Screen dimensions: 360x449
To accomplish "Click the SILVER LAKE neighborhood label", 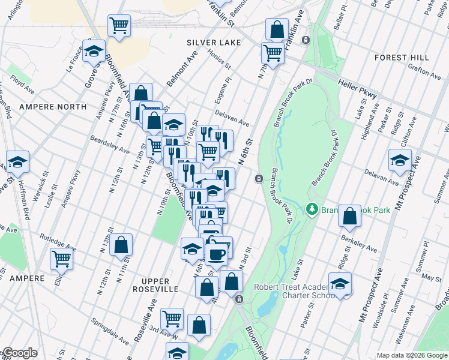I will click(x=213, y=43).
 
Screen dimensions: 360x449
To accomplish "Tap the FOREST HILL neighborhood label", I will click(x=402, y=58).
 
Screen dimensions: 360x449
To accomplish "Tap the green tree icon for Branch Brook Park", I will click(x=312, y=209).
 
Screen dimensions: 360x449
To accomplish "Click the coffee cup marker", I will click(x=216, y=253).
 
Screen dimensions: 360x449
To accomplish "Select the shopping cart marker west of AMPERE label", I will click(x=61, y=259).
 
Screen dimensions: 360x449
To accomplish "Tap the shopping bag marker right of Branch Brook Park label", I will click(x=349, y=217).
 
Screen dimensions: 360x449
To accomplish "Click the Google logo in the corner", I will click(x=19, y=353).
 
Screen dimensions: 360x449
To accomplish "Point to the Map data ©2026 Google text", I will click(x=412, y=355).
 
